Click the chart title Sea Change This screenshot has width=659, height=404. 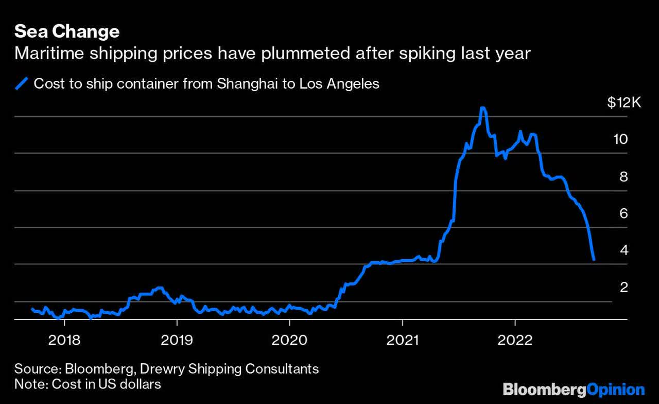(67, 32)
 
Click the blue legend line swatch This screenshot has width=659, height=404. (23, 83)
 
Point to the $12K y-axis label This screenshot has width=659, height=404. (623, 103)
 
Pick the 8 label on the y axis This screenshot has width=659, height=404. (624, 177)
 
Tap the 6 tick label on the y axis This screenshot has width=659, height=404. (624, 213)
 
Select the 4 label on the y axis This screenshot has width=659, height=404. (624, 250)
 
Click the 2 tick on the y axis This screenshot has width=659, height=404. (624, 287)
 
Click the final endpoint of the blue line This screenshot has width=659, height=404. (594, 260)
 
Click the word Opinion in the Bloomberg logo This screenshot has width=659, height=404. (616, 390)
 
